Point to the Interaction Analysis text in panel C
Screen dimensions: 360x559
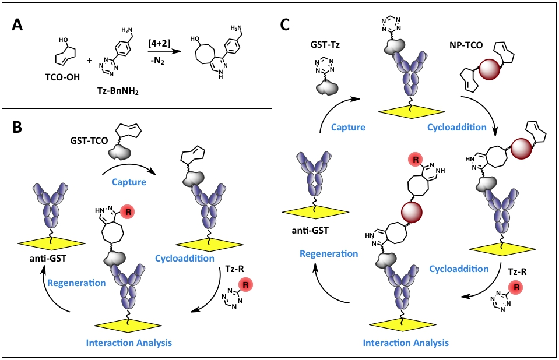[406, 342]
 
